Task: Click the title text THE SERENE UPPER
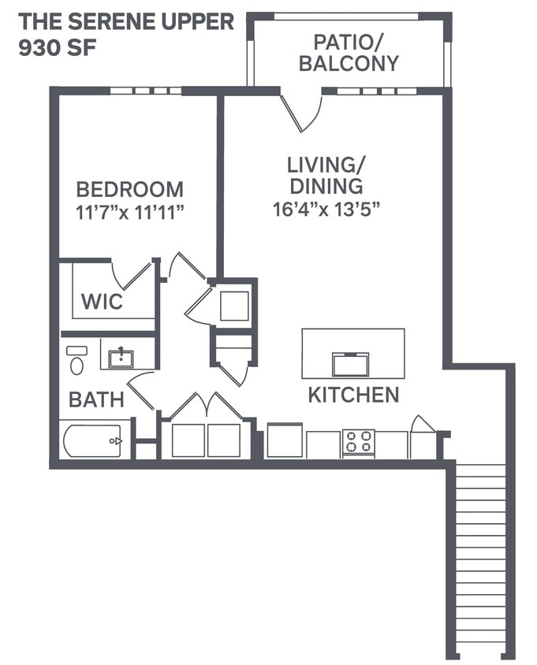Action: click(x=126, y=21)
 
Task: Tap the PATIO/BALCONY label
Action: click(x=349, y=53)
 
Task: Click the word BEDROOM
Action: click(x=129, y=190)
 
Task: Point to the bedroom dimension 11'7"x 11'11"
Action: click(x=129, y=212)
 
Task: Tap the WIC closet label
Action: click(x=102, y=301)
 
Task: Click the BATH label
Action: click(x=96, y=399)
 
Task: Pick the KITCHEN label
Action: click(x=353, y=395)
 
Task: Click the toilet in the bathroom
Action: click(x=76, y=362)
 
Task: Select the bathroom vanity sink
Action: click(x=121, y=359)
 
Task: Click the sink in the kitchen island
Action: click(x=350, y=364)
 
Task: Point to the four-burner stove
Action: click(x=358, y=443)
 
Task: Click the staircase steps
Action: click(x=480, y=559)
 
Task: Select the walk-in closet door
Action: click(x=132, y=275)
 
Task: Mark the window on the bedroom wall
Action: click(x=145, y=91)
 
